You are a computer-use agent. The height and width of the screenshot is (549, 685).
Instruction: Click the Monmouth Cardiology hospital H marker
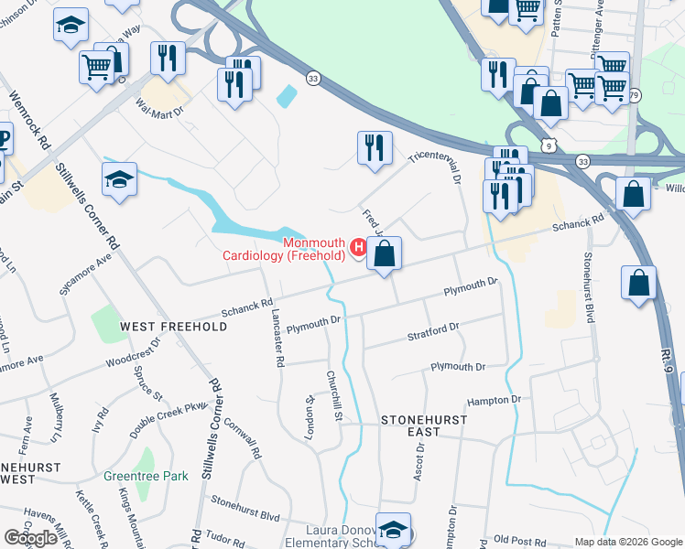[x=360, y=245]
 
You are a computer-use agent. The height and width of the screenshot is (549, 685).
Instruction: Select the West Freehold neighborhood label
[x=173, y=327]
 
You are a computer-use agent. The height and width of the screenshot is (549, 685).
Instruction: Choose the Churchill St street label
[x=334, y=396]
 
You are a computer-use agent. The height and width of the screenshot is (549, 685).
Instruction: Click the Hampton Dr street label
[x=494, y=400]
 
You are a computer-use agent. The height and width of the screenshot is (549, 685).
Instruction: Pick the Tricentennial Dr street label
[x=439, y=164]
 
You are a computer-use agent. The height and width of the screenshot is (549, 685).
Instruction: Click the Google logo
[x=30, y=538]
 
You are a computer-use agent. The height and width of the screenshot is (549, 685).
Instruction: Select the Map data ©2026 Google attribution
[x=627, y=542]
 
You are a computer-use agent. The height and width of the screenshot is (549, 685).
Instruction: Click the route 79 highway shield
[x=636, y=95]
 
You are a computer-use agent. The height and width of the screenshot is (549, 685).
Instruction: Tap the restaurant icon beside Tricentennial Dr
[x=374, y=148]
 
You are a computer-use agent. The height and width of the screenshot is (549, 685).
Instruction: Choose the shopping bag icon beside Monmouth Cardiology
[x=385, y=254]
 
